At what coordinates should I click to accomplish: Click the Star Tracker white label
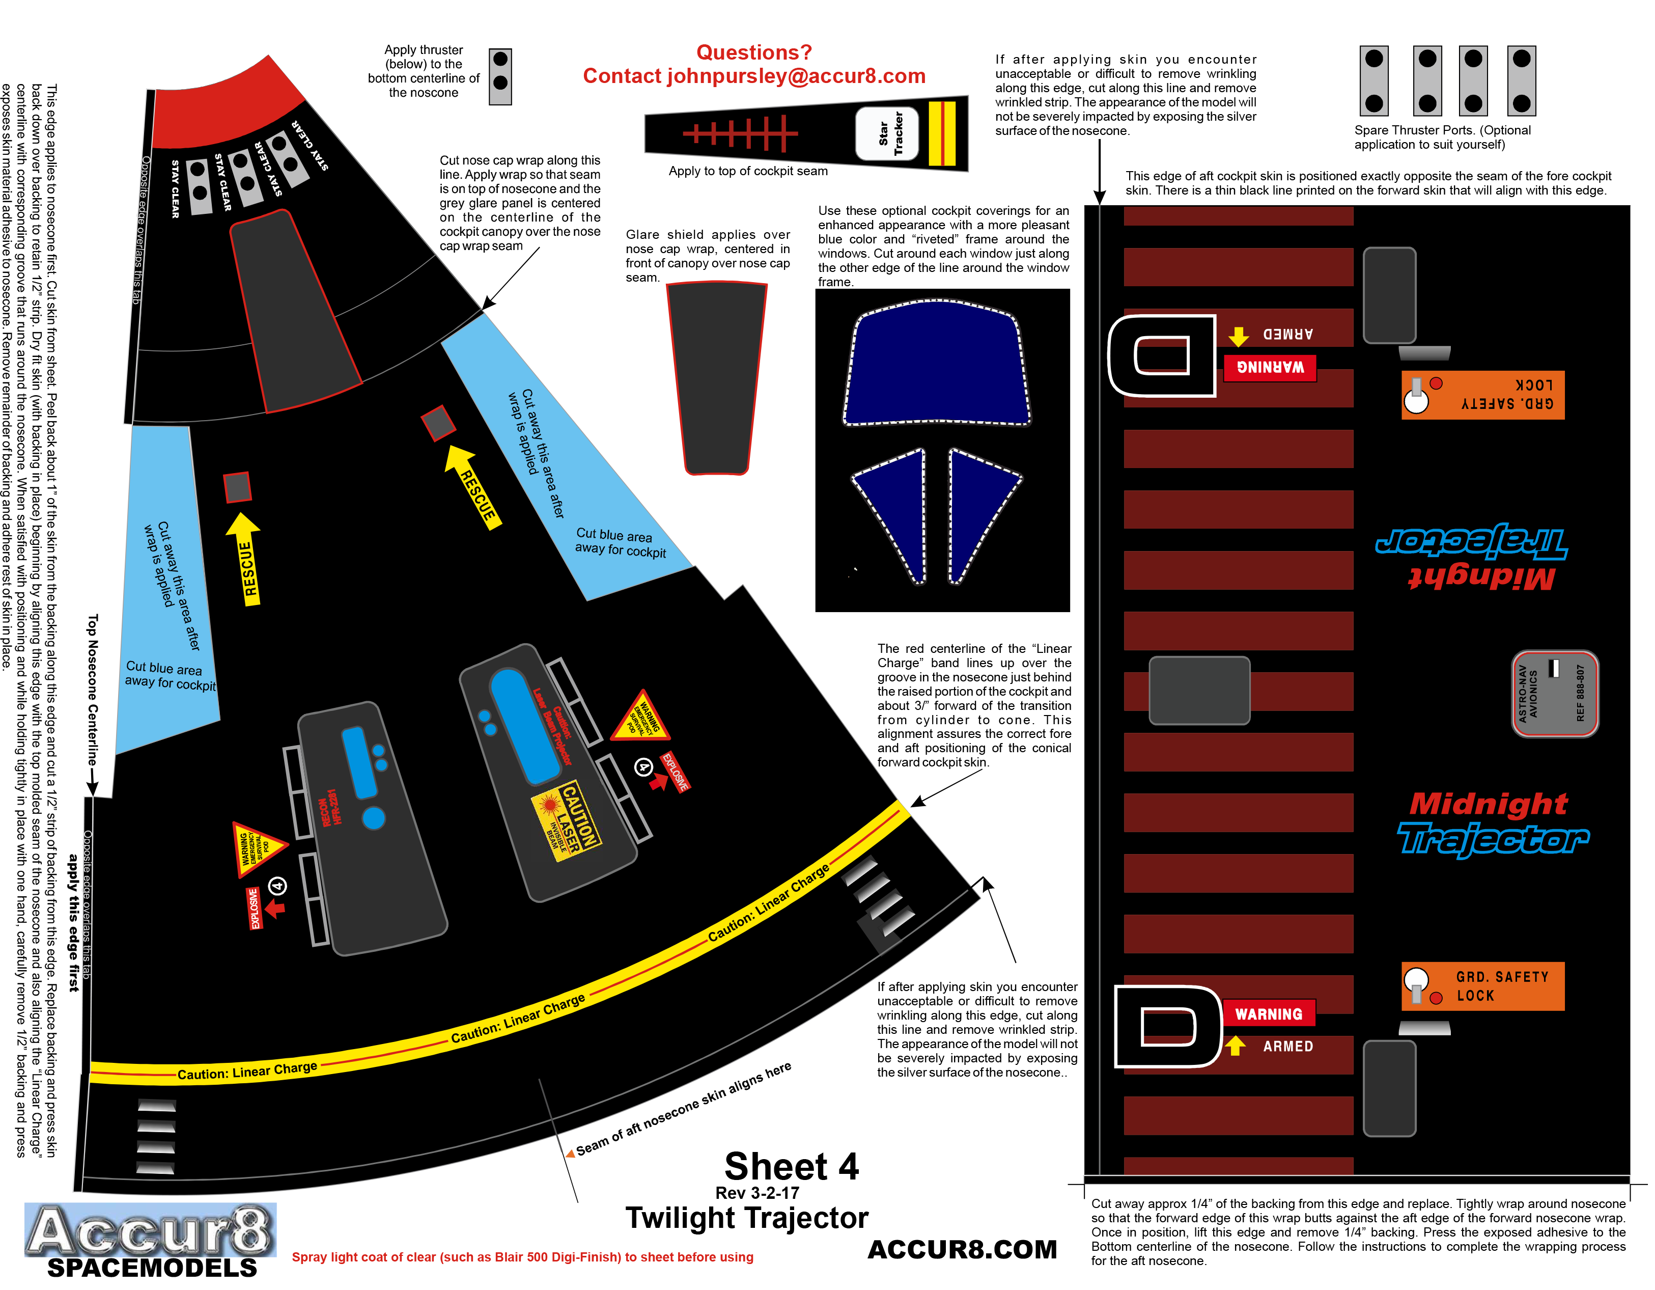click(887, 133)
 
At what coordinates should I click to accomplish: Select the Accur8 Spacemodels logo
click(151, 1239)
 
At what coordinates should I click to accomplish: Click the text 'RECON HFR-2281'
click(330, 808)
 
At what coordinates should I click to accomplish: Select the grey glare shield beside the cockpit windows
click(717, 377)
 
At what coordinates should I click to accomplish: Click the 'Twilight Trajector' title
click(746, 1217)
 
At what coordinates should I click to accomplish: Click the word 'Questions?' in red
click(754, 52)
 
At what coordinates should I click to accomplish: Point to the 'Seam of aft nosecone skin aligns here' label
click(684, 1109)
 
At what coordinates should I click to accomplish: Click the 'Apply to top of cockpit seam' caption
click(748, 171)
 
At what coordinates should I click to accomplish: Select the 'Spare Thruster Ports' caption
click(1442, 137)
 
